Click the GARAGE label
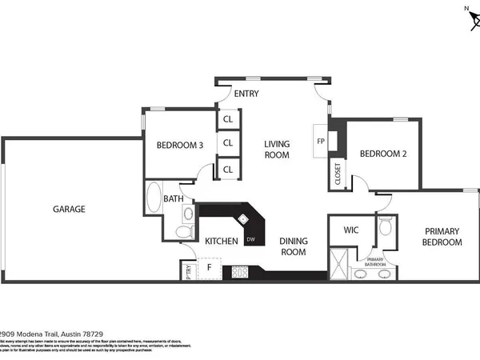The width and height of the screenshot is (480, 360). [69, 209]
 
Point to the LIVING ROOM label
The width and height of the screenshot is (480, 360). [277, 150]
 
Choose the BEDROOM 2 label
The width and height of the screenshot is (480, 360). [380, 154]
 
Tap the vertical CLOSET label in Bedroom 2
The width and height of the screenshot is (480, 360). [338, 174]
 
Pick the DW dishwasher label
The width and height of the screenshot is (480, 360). [250, 240]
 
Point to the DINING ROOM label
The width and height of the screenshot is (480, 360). [293, 246]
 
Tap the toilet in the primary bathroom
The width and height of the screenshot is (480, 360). [384, 226]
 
